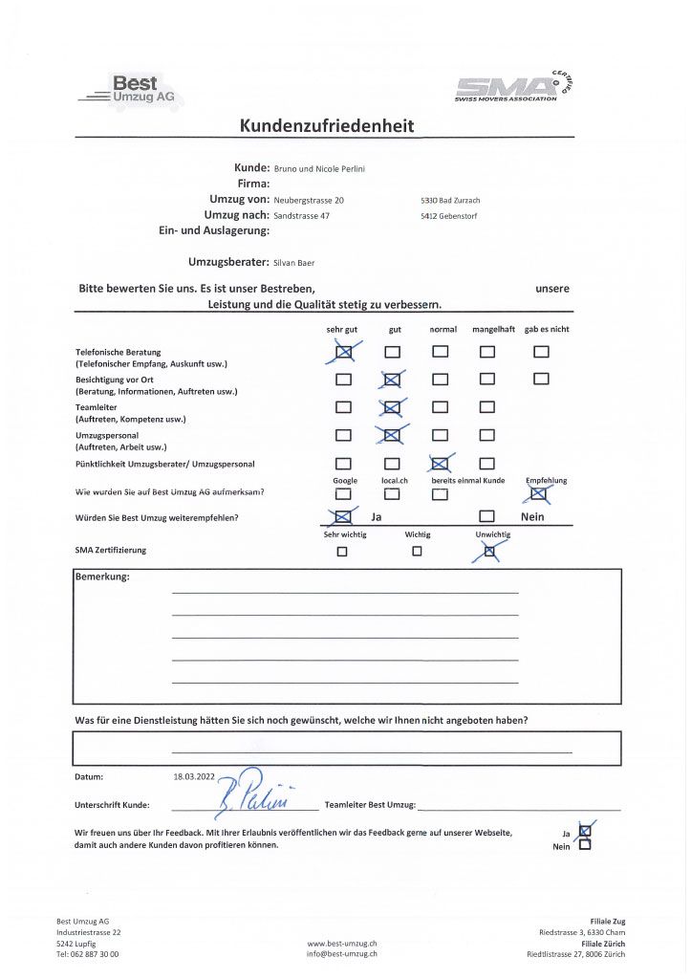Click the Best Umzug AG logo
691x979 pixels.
click(x=132, y=91)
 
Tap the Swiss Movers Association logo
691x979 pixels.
click(x=519, y=88)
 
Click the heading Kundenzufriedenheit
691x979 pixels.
click(x=327, y=126)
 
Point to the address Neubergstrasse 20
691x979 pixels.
click(x=309, y=201)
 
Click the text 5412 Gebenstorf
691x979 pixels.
click(x=450, y=217)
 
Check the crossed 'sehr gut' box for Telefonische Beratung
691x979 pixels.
click(x=344, y=352)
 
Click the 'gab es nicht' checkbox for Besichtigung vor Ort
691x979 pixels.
click(x=541, y=379)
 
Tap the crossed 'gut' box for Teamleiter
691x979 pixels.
click(x=392, y=408)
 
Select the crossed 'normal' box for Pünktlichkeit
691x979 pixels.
click(x=440, y=464)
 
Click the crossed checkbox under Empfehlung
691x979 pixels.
click(x=539, y=493)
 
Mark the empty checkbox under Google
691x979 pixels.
click(x=343, y=494)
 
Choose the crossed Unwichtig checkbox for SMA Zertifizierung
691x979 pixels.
click(x=490, y=551)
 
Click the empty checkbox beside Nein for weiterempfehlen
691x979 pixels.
click(x=486, y=517)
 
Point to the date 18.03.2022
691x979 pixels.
click(x=193, y=777)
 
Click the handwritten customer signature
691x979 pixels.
click(x=246, y=790)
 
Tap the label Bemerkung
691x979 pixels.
click(x=101, y=577)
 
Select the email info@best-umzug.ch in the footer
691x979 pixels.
click(x=341, y=953)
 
